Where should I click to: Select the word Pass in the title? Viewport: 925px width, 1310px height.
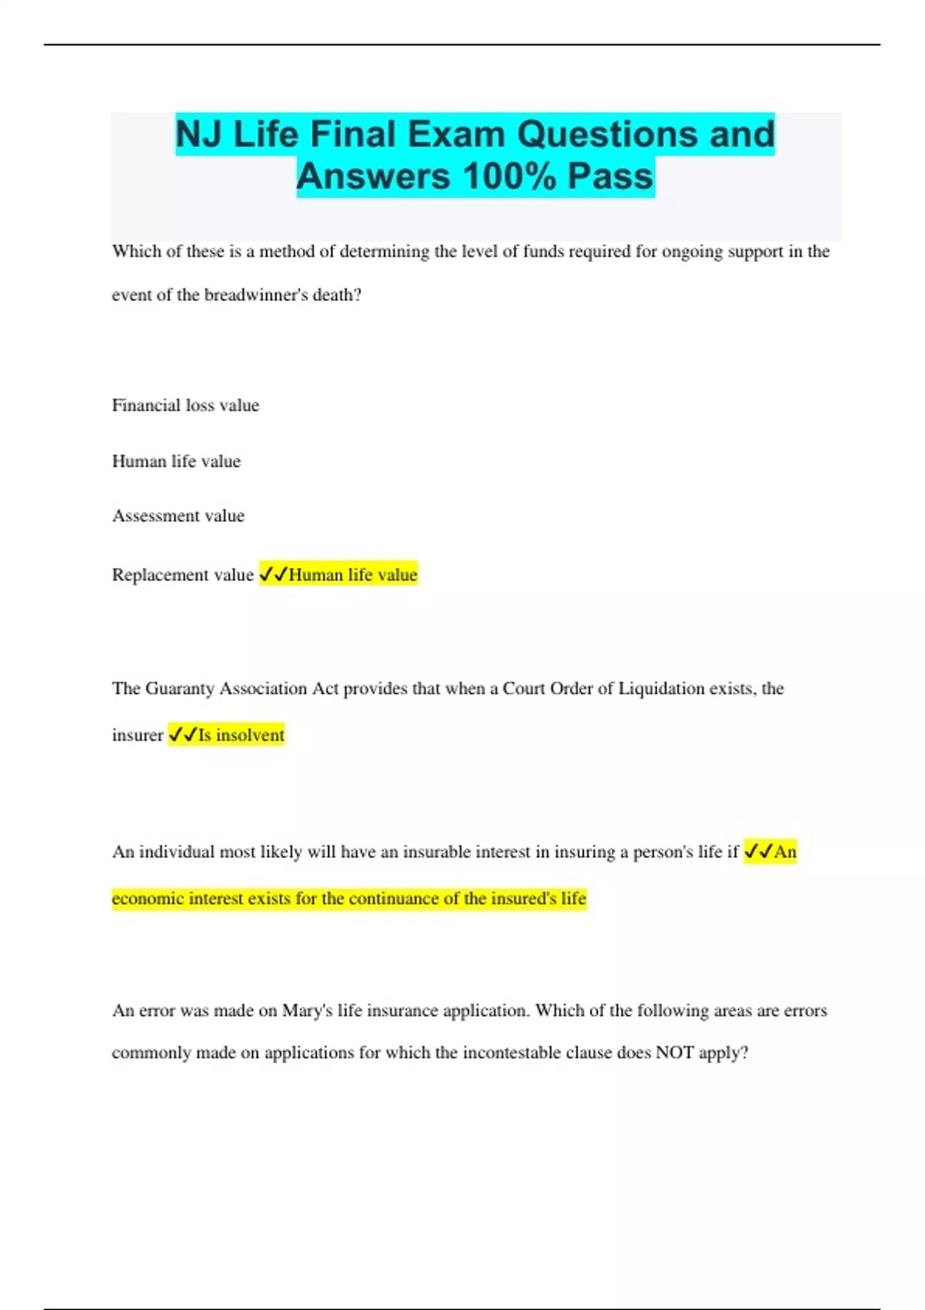[x=610, y=176]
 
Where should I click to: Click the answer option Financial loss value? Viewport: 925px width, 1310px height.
[x=186, y=405]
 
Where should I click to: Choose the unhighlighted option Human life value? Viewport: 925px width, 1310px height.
[x=177, y=461]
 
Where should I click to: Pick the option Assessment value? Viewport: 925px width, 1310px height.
[x=178, y=516]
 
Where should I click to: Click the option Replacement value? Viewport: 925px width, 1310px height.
[x=183, y=575]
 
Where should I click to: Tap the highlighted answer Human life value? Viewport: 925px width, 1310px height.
[x=353, y=575]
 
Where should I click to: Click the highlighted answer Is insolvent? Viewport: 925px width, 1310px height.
[x=241, y=735]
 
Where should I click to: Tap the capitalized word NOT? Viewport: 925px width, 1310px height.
[x=674, y=1053]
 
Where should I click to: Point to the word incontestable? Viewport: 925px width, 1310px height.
[x=512, y=1053]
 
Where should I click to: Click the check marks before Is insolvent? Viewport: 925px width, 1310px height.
[x=183, y=735]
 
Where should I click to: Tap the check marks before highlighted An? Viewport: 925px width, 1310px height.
[x=758, y=851]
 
